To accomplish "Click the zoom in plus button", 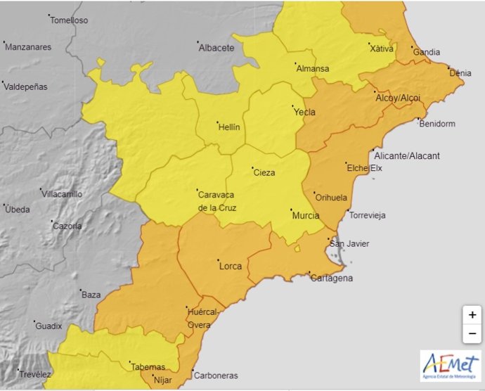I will coord(472,315).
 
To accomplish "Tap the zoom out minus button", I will coord(472,333).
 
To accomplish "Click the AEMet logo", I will coord(451,366).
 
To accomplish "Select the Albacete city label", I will coord(216,48).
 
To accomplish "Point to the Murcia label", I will coord(305,215).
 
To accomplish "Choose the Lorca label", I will coord(231,266).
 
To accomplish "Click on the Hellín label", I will coord(229,127).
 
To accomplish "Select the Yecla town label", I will coord(304,112).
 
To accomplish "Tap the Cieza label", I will coord(264,172).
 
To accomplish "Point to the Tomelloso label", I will coord(68,20).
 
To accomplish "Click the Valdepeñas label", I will coord(25,86).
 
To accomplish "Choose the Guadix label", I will coord(48,326).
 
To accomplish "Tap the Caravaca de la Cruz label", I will coord(217,200).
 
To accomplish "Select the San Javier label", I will coord(349,244).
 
